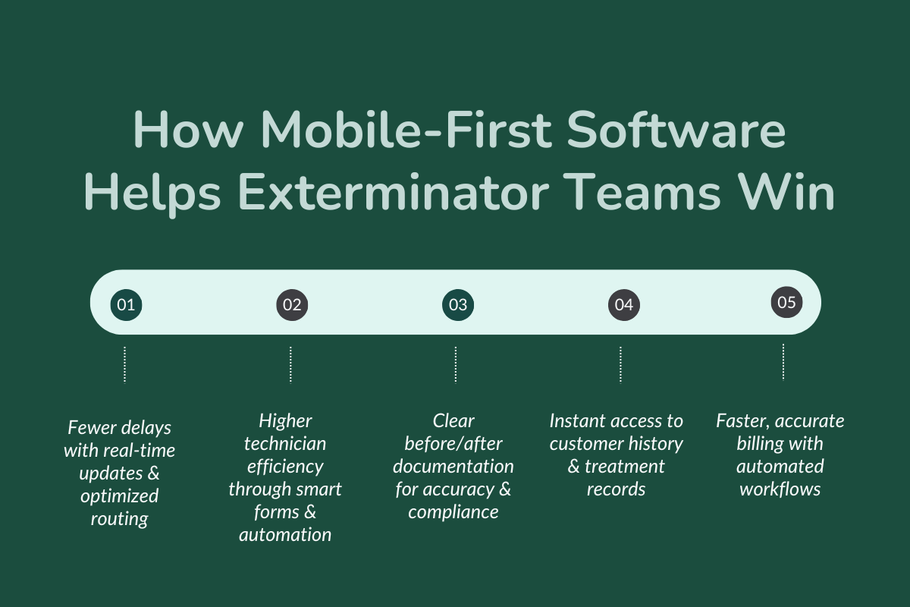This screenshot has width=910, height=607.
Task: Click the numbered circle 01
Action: [126, 305]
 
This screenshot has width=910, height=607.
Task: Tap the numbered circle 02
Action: [292, 305]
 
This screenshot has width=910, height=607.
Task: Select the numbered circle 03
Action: [457, 305]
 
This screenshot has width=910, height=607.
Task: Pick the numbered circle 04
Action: [623, 305]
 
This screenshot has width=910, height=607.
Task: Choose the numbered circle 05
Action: [786, 303]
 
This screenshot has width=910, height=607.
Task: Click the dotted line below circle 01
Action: [124, 365]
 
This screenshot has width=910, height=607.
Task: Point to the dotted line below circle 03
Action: [456, 365]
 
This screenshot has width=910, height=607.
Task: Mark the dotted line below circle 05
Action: [783, 361]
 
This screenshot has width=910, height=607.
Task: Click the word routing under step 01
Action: [119, 520]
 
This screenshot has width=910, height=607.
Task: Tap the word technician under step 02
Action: [285, 443]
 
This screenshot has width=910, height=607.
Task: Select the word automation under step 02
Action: [285, 535]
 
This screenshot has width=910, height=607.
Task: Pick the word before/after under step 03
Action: [453, 443]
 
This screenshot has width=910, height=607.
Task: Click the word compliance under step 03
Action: [453, 512]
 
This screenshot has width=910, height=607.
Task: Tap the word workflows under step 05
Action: [780, 489]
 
